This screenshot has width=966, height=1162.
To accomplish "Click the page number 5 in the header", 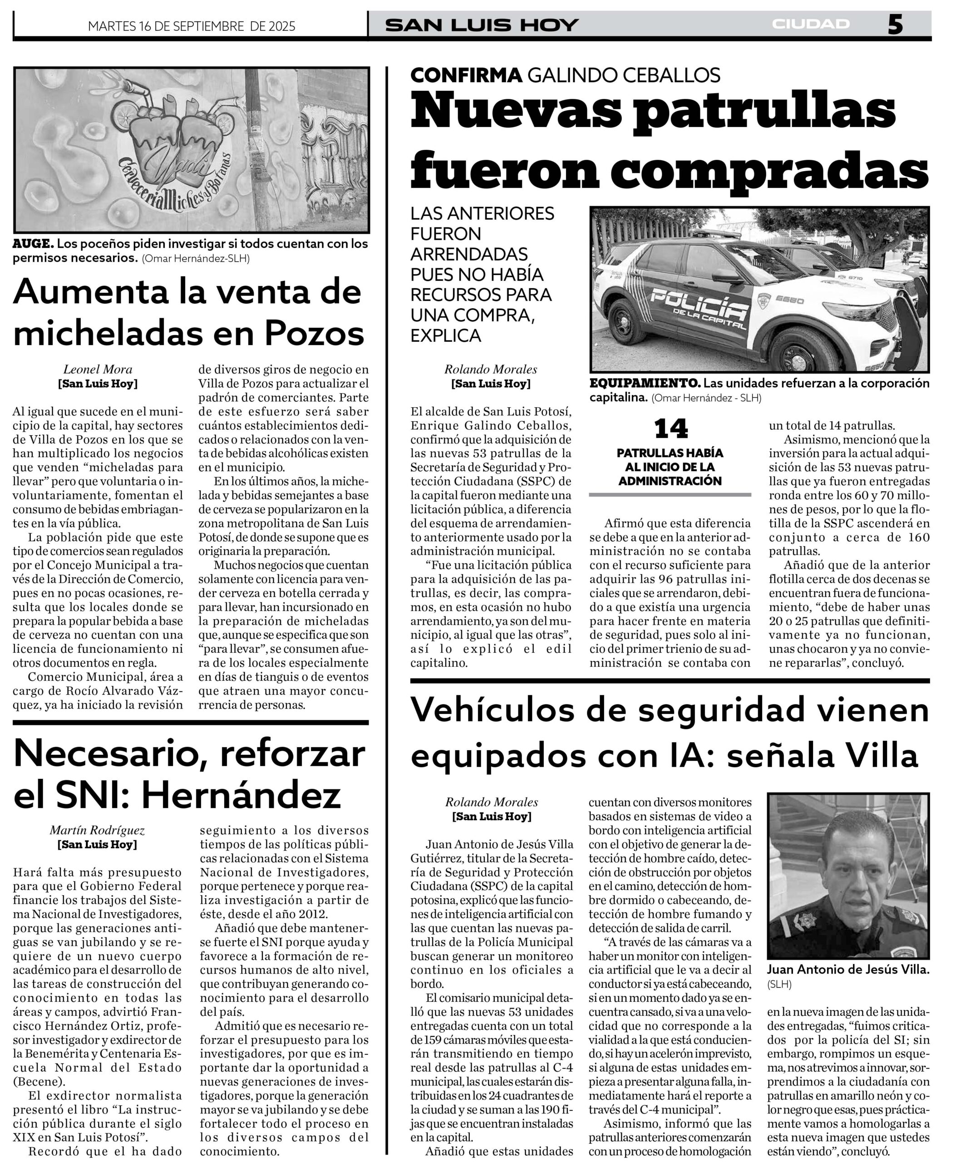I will click(895, 25).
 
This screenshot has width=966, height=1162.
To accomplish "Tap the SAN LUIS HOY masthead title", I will click(481, 25).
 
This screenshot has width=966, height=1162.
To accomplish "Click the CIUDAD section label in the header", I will click(811, 24).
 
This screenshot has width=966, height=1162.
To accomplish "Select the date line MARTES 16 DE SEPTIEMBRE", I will click(192, 26).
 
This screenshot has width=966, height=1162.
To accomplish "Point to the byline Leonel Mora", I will click(98, 369).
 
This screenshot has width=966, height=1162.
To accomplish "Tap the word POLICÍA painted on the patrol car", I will click(699, 305).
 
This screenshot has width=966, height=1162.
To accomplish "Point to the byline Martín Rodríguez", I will click(98, 830).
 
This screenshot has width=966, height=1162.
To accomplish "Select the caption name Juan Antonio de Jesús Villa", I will click(848, 970).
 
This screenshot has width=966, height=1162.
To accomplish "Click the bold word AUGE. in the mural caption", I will click(33, 243).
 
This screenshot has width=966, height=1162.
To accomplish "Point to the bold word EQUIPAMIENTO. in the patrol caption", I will click(645, 383).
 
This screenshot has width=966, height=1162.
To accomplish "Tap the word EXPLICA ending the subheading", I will click(446, 335).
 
